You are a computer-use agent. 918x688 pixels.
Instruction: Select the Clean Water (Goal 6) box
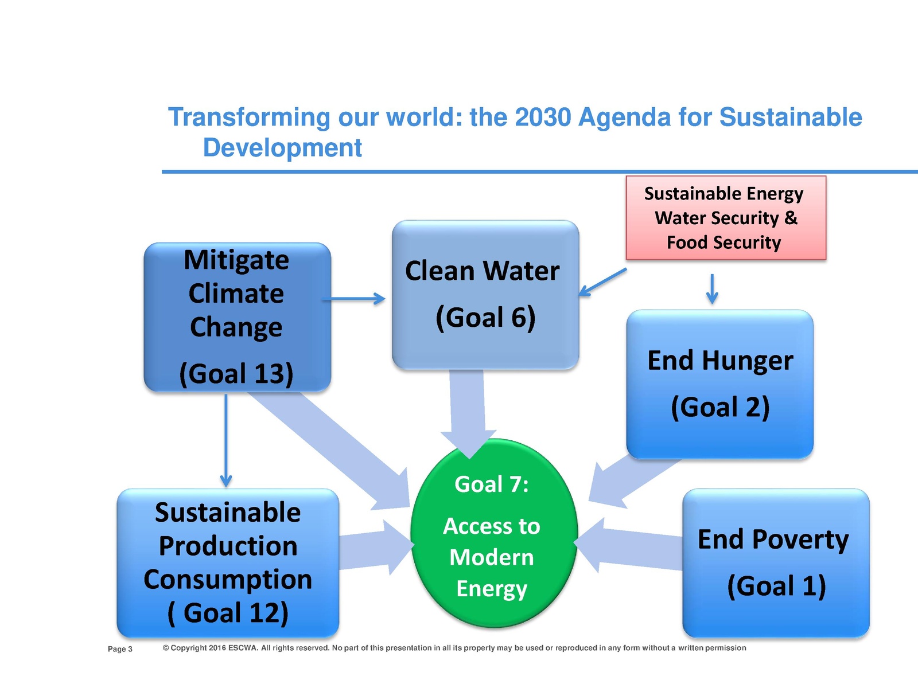click(x=485, y=294)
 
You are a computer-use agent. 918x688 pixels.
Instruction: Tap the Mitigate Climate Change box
click(x=237, y=316)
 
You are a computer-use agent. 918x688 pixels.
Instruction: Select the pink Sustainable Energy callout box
click(x=725, y=218)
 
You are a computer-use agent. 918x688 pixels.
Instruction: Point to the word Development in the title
click(x=282, y=148)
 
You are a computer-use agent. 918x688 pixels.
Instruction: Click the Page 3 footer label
click(x=120, y=649)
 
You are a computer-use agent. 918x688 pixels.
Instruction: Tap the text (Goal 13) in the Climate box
click(x=236, y=374)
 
